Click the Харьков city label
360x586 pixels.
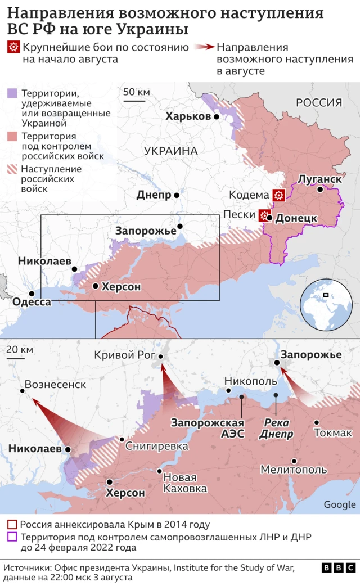[188, 116]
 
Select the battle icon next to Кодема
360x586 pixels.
[278, 195]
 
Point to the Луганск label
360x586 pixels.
[319, 179]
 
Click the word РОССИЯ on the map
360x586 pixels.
[318, 103]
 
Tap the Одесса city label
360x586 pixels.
[31, 302]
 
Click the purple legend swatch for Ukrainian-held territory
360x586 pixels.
[12, 93]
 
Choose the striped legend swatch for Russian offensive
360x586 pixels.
[12, 169]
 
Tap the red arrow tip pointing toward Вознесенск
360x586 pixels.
[33, 400]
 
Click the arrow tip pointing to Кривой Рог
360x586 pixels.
[162, 366]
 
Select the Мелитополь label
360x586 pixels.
[293, 469]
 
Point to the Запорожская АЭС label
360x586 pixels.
[208, 429]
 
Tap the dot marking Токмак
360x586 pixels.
[317, 422]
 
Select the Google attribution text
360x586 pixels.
[340, 504]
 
